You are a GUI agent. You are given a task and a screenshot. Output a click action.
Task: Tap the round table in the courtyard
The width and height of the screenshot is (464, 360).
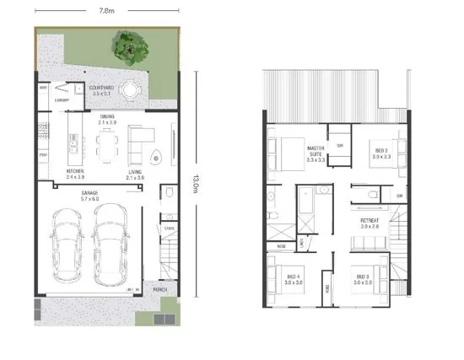pyautogui.click(x=130, y=89)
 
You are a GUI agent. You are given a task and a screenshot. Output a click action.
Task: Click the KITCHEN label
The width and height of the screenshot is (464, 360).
pyautogui.click(x=75, y=174)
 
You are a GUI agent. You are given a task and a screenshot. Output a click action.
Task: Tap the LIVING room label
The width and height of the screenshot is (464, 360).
pyautogui.click(x=135, y=174)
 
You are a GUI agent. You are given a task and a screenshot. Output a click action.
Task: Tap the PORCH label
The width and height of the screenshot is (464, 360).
pyautogui.click(x=161, y=288)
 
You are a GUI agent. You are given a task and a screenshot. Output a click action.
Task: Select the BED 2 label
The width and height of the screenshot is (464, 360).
pyautogui.click(x=380, y=153)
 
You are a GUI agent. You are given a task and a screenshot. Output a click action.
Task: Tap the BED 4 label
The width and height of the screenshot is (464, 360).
pyautogui.click(x=294, y=279)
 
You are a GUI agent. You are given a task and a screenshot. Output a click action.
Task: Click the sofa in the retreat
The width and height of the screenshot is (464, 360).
pyautogui.click(x=370, y=244)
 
